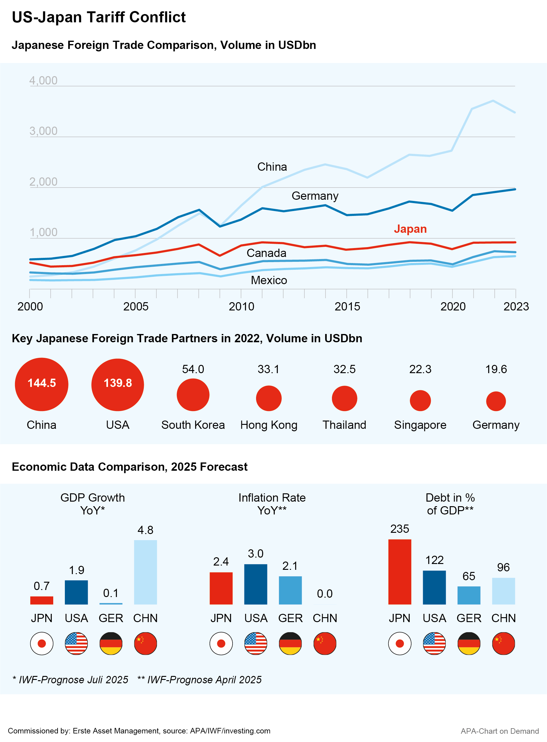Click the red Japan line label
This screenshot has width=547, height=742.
click(x=410, y=229)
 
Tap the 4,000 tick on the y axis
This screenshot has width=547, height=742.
click(x=43, y=80)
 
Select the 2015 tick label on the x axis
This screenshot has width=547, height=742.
click(x=347, y=306)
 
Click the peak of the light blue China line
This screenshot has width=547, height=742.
click(x=493, y=101)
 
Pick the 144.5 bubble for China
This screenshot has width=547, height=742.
click(x=42, y=384)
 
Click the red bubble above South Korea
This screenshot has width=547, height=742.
click(x=193, y=395)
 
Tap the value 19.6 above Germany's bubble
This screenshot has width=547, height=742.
click(x=496, y=369)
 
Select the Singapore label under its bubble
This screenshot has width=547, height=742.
click(x=420, y=425)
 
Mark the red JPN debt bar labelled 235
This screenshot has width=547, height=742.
click(x=400, y=572)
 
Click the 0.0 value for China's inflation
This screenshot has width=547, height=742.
click(x=325, y=593)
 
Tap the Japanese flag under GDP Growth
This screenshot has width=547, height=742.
click(x=42, y=644)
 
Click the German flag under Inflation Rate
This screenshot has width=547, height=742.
click(x=290, y=644)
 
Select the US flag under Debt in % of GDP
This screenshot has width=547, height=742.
click(x=434, y=644)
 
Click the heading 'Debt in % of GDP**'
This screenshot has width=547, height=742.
click(x=450, y=504)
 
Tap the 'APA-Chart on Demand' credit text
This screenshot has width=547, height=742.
click(x=499, y=731)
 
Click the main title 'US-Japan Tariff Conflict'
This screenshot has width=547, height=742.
click(x=99, y=17)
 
